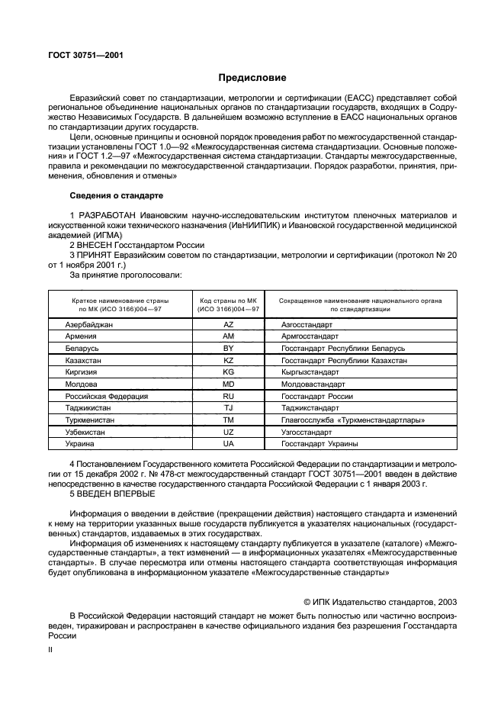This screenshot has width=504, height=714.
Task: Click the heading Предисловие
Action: (252, 78)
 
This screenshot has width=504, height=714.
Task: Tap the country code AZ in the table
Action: (228, 324)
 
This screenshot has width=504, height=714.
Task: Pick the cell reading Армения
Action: (82, 336)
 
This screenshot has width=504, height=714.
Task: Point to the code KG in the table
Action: (228, 371)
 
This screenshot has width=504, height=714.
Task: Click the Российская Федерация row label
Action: (107, 396)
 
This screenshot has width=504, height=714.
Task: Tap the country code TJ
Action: (228, 408)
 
